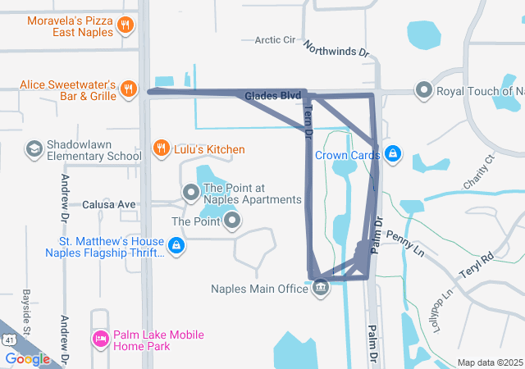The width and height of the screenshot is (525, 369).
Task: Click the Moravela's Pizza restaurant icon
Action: pyautogui.click(x=126, y=25)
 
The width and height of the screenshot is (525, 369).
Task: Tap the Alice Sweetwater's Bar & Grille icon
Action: pyautogui.click(x=127, y=89)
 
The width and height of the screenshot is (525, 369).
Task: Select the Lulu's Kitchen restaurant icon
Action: pyautogui.click(x=162, y=148)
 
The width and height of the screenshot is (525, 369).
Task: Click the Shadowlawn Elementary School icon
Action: pyautogui.click(x=34, y=148)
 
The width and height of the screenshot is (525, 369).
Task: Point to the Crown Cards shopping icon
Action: pyautogui.click(x=394, y=153)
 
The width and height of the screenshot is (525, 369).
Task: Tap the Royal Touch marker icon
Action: pyautogui.click(x=423, y=89)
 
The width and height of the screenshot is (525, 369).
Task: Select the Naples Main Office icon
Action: pyautogui.click(x=321, y=287)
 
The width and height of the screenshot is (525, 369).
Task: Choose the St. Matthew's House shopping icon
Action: pyautogui.click(x=176, y=244)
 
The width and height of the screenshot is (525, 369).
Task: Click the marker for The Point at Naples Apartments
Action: pyautogui.click(x=191, y=193)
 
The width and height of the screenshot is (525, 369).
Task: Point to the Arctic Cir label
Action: pyautogui.click(x=275, y=39)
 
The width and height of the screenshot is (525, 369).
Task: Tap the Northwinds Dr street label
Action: pyautogui.click(x=336, y=50)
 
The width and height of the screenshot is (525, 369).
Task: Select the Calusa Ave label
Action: pyautogui.click(x=108, y=204)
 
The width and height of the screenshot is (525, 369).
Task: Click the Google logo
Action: pyautogui.click(x=27, y=358)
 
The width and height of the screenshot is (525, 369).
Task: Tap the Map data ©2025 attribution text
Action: pyautogui.click(x=489, y=362)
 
